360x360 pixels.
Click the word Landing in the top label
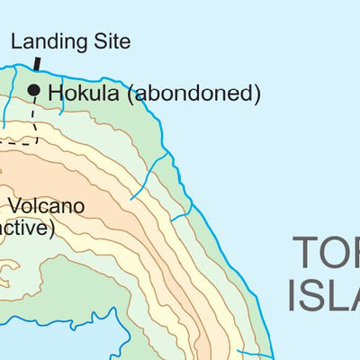pos(44,41)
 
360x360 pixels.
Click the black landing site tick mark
pos(37,64)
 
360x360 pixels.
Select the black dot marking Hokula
pos(34,90)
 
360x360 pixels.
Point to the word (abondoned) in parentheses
pos(192,93)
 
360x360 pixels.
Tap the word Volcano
pos(49,206)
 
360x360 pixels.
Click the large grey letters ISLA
pos(324,295)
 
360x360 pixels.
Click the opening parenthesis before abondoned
pos(130,93)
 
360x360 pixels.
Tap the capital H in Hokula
pos(55,92)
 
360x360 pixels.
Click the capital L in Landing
pos(15,40)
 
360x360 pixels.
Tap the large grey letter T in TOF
pos(306,255)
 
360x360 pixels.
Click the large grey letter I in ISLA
pos(293,295)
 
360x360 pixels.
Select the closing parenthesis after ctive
pos(52,229)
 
